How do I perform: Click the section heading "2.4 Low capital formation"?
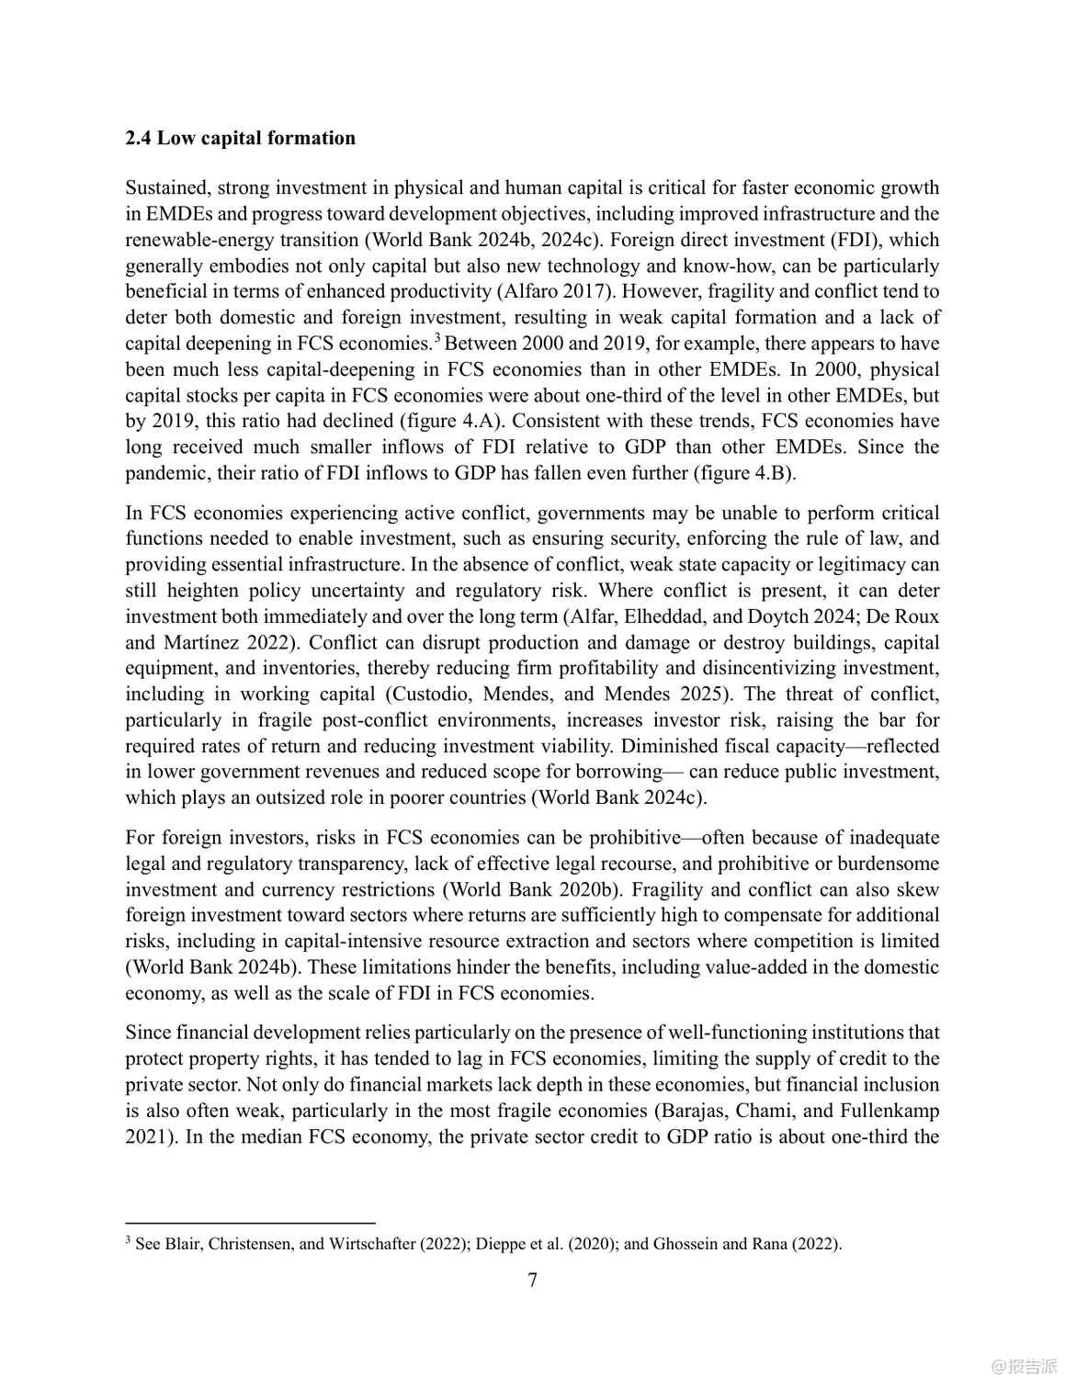[240, 139]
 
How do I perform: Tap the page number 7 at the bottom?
[533, 1280]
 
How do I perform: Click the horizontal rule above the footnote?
[250, 1223]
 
